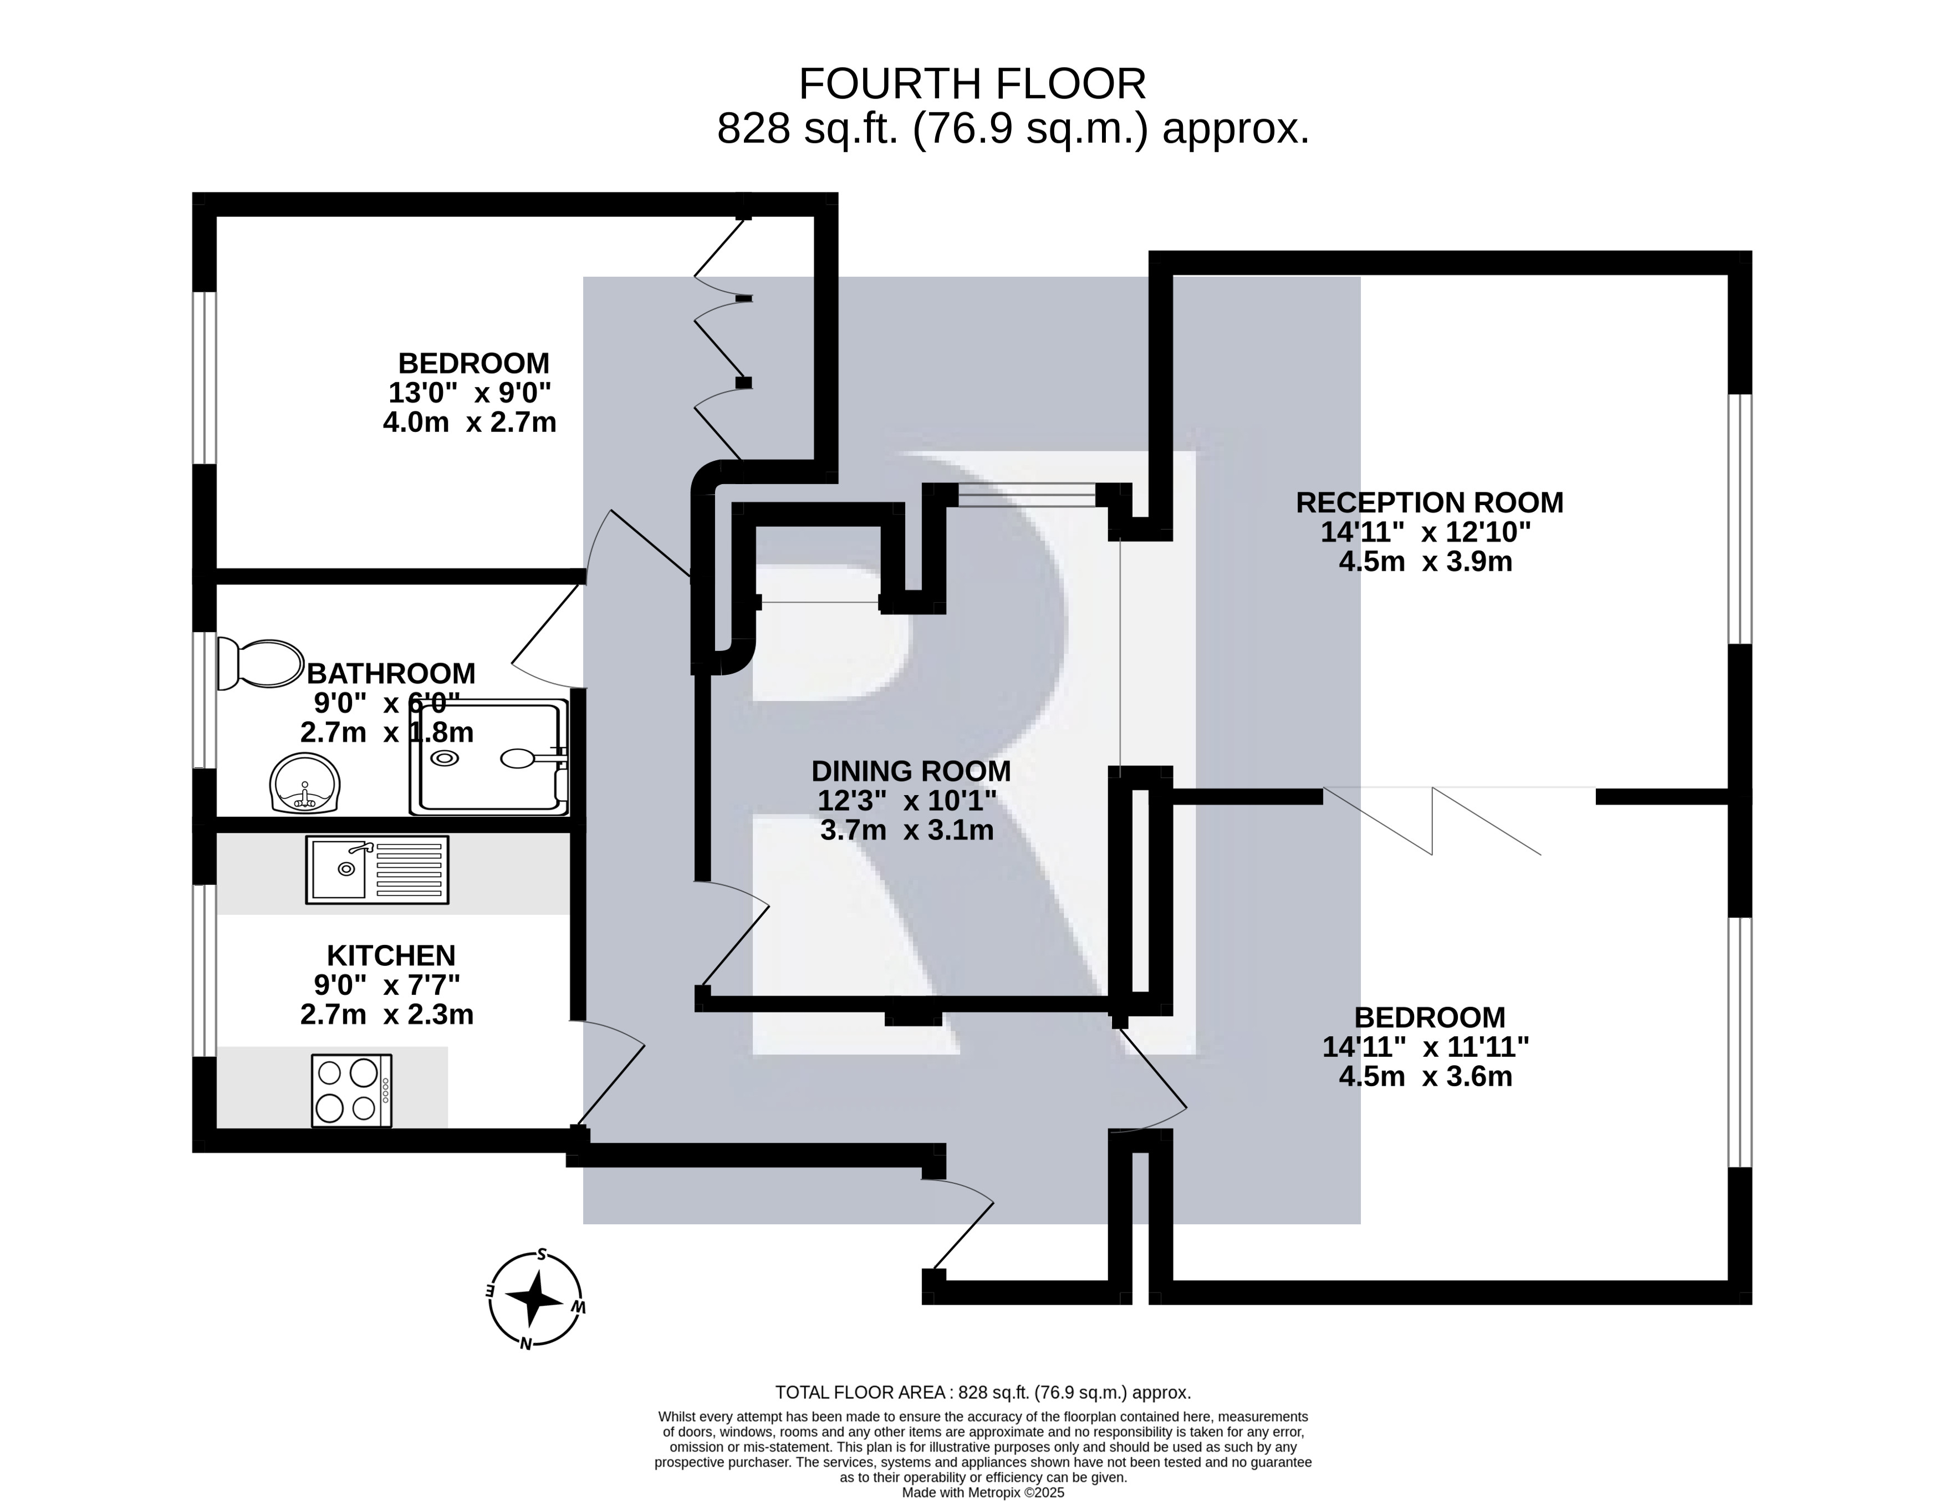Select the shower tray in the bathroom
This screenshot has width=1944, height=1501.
(488, 757)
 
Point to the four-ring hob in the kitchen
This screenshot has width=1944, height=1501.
(351, 1091)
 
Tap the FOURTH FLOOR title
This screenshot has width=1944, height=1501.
(972, 85)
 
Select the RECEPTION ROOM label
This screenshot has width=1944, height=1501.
(1428, 503)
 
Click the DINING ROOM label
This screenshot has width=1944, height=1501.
(911, 771)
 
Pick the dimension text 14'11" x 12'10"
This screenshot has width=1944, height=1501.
(1425, 532)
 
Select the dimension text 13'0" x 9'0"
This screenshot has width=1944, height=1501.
(469, 393)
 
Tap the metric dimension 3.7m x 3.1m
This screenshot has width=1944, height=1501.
(906, 831)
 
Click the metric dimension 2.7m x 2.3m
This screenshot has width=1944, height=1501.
(386, 1014)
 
